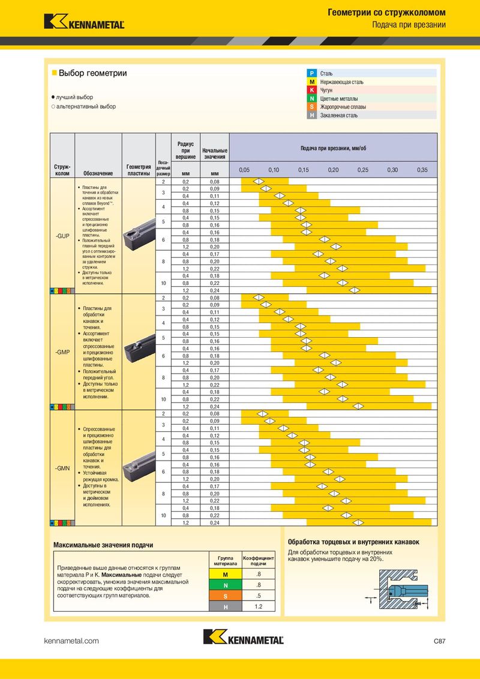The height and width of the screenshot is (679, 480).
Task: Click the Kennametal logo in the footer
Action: [x=243, y=638]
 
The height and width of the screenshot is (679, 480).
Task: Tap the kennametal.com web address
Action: [x=71, y=641]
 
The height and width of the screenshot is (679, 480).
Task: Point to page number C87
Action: [x=439, y=641]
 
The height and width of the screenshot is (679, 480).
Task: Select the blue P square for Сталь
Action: [x=311, y=73]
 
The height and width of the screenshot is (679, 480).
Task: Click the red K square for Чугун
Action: [x=311, y=90]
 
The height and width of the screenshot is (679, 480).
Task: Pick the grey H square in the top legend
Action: [x=311, y=115]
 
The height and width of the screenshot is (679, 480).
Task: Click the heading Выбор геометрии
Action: [x=92, y=73]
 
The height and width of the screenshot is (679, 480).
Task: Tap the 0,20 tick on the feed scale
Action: [x=333, y=170]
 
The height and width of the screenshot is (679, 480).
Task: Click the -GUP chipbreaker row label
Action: [x=62, y=236]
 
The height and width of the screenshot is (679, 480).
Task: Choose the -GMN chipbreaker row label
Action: [x=62, y=467]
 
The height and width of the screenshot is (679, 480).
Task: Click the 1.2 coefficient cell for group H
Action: [x=258, y=606]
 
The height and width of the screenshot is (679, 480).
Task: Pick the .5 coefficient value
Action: [x=258, y=596]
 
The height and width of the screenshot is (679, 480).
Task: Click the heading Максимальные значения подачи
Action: [x=103, y=545]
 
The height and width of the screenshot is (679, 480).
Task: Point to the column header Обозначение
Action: [x=98, y=173]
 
